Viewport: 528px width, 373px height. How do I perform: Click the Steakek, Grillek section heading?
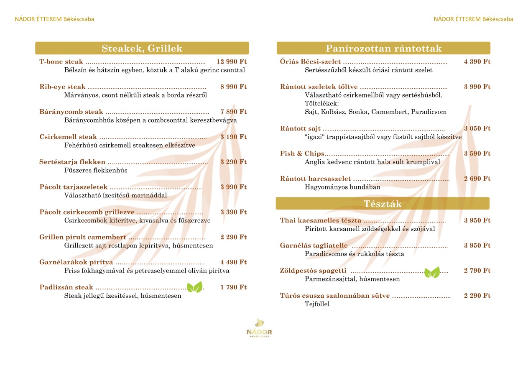[x=142, y=49]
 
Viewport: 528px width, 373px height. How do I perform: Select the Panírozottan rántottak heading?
[x=383, y=49]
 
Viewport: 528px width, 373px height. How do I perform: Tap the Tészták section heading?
[x=383, y=204]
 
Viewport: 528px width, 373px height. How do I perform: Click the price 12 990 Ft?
[x=232, y=62]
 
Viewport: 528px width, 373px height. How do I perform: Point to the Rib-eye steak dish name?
[x=62, y=87]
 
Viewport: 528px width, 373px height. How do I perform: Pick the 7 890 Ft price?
[x=233, y=112]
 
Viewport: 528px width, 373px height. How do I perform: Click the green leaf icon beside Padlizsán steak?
[x=194, y=287]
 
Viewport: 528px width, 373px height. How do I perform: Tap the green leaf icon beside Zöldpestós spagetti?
[x=432, y=272]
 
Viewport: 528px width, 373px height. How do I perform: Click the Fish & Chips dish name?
[x=302, y=154]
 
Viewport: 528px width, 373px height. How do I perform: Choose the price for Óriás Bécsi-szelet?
[x=477, y=62]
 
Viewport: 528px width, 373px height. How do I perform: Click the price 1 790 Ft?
[x=233, y=287]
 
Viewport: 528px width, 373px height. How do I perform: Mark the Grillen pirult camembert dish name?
[x=83, y=238]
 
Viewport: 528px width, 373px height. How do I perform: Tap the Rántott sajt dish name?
[x=300, y=129]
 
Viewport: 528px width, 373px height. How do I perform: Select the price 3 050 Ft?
[x=477, y=129]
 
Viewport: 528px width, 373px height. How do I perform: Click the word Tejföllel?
[x=317, y=304]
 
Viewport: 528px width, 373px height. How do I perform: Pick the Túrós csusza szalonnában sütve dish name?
[x=335, y=296]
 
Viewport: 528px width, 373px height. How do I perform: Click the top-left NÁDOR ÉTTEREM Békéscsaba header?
[x=54, y=19]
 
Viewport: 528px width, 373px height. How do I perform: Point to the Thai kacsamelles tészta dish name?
[x=320, y=221]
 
